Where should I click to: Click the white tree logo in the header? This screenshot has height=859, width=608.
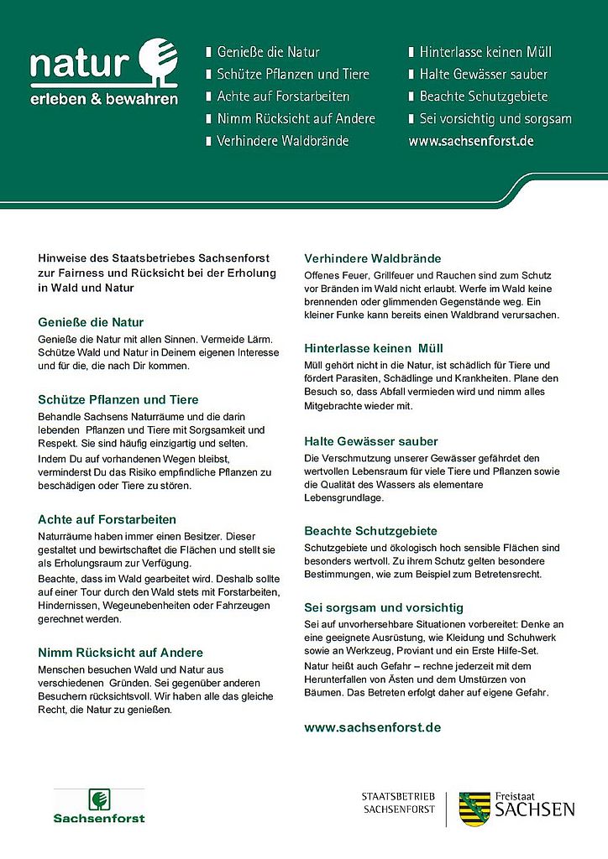tap(156, 61)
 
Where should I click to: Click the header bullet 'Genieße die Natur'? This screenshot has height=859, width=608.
tap(268, 52)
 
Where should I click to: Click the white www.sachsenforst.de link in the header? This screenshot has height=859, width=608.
tap(471, 141)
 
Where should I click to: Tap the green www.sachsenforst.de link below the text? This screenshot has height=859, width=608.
tap(372, 727)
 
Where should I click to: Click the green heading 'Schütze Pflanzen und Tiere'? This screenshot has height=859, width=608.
tap(118, 399)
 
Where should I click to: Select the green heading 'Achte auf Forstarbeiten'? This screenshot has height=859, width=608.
tap(107, 519)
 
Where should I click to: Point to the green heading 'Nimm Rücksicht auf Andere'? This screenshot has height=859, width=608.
tap(121, 652)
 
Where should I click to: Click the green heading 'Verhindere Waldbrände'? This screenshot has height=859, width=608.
tap(372, 258)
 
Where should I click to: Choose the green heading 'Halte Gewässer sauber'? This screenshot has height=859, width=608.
tap(371, 441)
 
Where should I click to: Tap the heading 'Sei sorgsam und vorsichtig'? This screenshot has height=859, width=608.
tap(384, 607)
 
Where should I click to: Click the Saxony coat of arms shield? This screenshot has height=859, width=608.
tap(475, 809)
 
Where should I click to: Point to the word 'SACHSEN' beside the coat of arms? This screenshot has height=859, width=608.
tap(535, 810)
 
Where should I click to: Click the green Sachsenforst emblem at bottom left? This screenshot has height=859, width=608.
tap(99, 799)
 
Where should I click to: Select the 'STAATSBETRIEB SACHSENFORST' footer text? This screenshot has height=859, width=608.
tap(399, 803)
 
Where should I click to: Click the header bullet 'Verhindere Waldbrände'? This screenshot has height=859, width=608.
tap(282, 141)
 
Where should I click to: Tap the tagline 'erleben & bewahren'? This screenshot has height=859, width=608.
tap(104, 99)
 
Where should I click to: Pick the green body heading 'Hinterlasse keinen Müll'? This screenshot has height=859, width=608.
tap(374, 348)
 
